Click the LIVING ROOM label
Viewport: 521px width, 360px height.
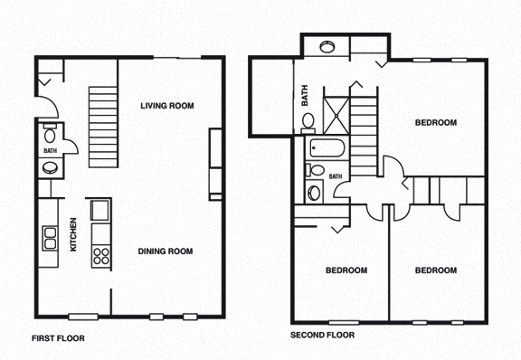[167, 106]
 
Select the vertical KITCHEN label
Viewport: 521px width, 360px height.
[75, 236]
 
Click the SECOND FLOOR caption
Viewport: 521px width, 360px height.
[322, 335]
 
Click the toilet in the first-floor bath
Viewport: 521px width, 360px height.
[51, 130]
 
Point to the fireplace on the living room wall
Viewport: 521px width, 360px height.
[215, 163]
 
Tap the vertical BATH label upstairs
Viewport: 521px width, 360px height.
[304, 94]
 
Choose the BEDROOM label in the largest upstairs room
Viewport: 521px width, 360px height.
[435, 122]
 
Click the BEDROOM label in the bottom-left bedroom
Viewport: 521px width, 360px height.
[346, 270]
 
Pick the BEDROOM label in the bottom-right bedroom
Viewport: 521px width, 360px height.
[435, 270]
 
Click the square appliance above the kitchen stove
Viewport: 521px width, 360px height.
[99, 212]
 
